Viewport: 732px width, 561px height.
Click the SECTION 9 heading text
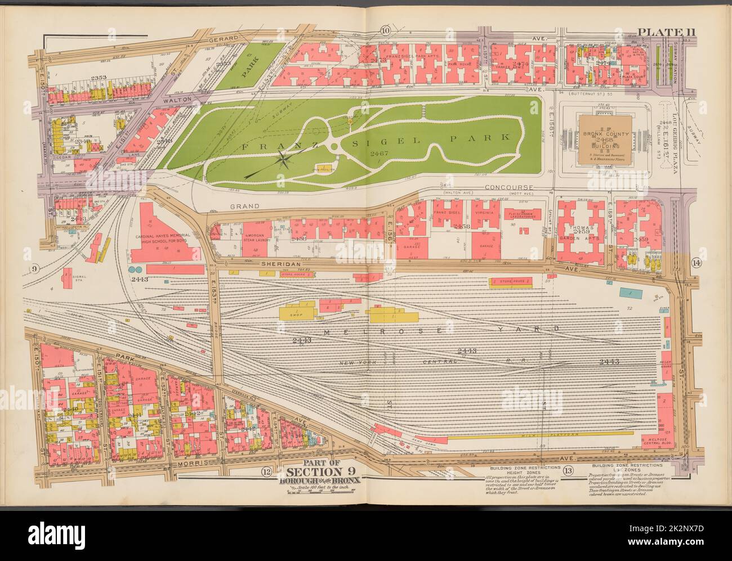tap(320, 472)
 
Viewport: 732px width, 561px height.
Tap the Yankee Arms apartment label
tap(508, 65)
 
